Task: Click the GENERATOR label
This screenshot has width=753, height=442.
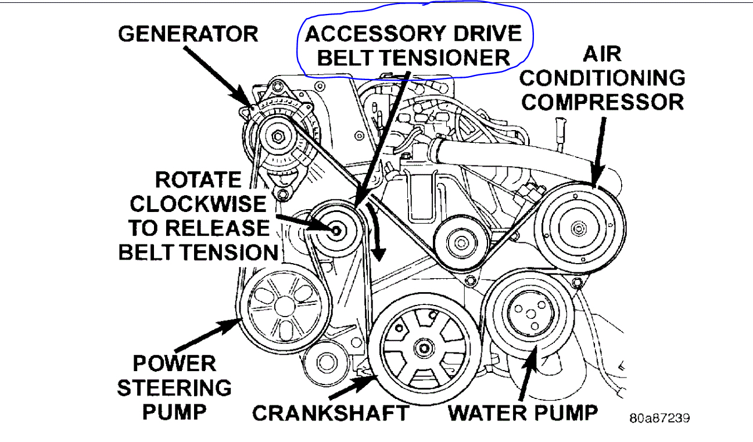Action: click(188, 33)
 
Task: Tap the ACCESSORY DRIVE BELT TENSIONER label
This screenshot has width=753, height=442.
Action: click(414, 45)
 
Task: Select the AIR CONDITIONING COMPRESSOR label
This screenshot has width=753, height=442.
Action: click(603, 78)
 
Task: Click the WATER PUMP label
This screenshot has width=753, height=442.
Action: click(523, 413)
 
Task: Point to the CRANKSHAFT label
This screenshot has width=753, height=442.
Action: click(331, 413)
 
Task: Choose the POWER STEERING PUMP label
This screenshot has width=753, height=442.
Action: click(174, 387)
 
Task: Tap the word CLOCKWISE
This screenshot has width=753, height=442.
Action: click(198, 204)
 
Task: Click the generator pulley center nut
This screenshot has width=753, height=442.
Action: click(278, 137)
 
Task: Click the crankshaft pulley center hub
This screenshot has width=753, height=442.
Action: click(422, 348)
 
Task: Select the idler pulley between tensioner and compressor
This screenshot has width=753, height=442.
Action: click(461, 240)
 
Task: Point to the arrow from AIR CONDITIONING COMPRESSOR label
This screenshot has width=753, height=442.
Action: click(598, 151)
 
